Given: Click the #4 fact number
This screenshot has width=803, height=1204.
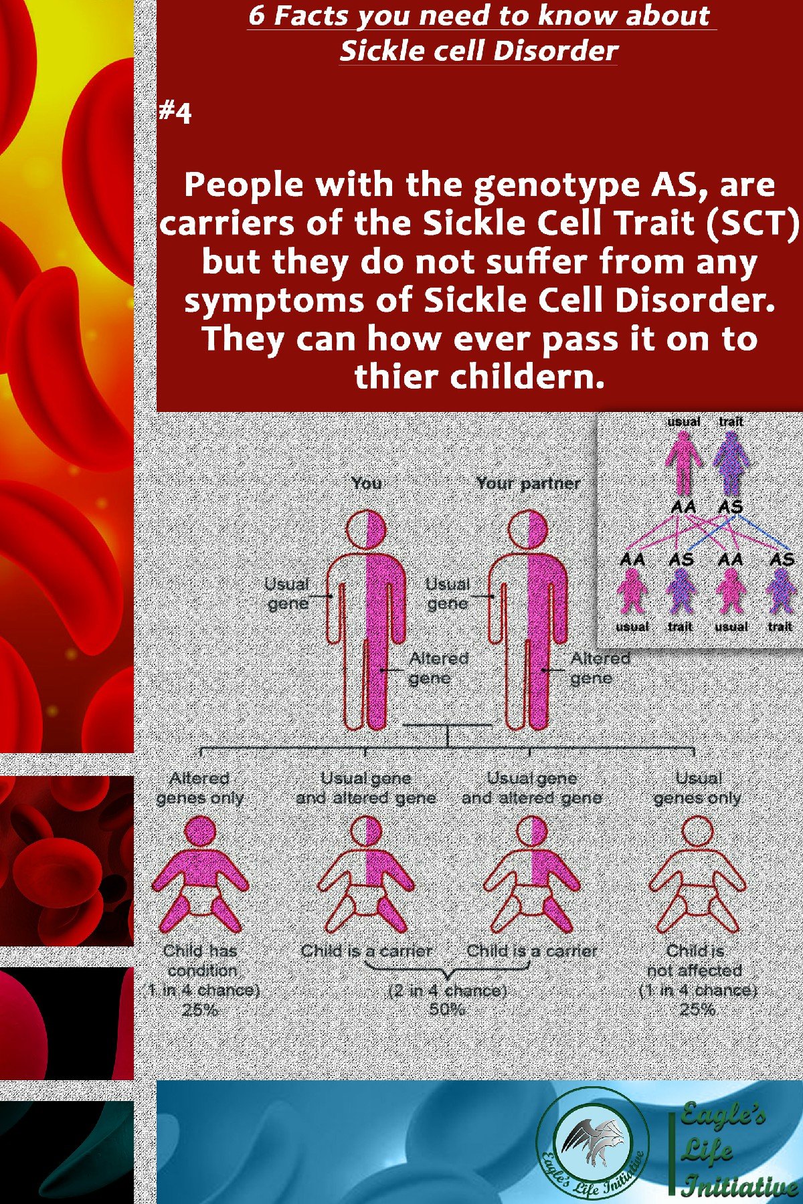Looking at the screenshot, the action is [175, 112].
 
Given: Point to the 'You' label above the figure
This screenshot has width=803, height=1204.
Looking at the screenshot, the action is [367, 483].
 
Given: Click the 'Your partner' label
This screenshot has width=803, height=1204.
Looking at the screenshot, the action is [528, 483].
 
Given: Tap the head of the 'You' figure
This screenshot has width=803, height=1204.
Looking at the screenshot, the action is [367, 530].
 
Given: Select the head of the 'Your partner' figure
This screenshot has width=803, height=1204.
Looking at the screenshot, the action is [528, 530].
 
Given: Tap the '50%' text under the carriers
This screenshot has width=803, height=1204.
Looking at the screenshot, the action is [447, 1009].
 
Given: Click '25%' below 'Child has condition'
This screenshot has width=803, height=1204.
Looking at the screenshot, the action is [200, 1009].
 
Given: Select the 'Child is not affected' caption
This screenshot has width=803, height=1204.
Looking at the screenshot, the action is [696, 960].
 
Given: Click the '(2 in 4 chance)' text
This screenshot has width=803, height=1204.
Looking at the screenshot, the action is [447, 990].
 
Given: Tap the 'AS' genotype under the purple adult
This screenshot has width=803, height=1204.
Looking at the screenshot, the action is [731, 506].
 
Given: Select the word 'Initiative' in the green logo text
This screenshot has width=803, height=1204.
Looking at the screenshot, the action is [739, 1186].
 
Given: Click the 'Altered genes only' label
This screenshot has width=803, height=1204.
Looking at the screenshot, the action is [199, 788].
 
